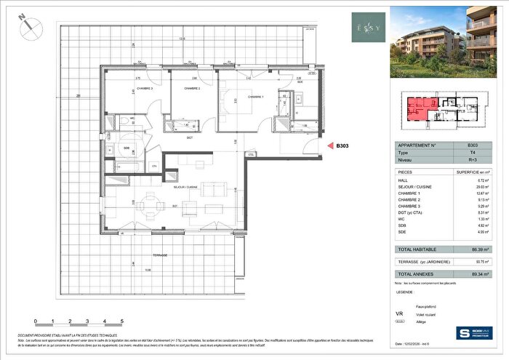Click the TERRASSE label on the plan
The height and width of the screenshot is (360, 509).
coord(161,255)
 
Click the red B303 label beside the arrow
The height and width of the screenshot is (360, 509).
coord(342,145)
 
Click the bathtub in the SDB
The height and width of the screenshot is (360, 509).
coord(121,167)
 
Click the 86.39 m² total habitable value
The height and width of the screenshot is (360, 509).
coord(477,249)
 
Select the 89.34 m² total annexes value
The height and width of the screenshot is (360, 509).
coord(477,275)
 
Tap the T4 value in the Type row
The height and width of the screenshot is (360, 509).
coord(472,153)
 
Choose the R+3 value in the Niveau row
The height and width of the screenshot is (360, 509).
coord(472,162)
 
